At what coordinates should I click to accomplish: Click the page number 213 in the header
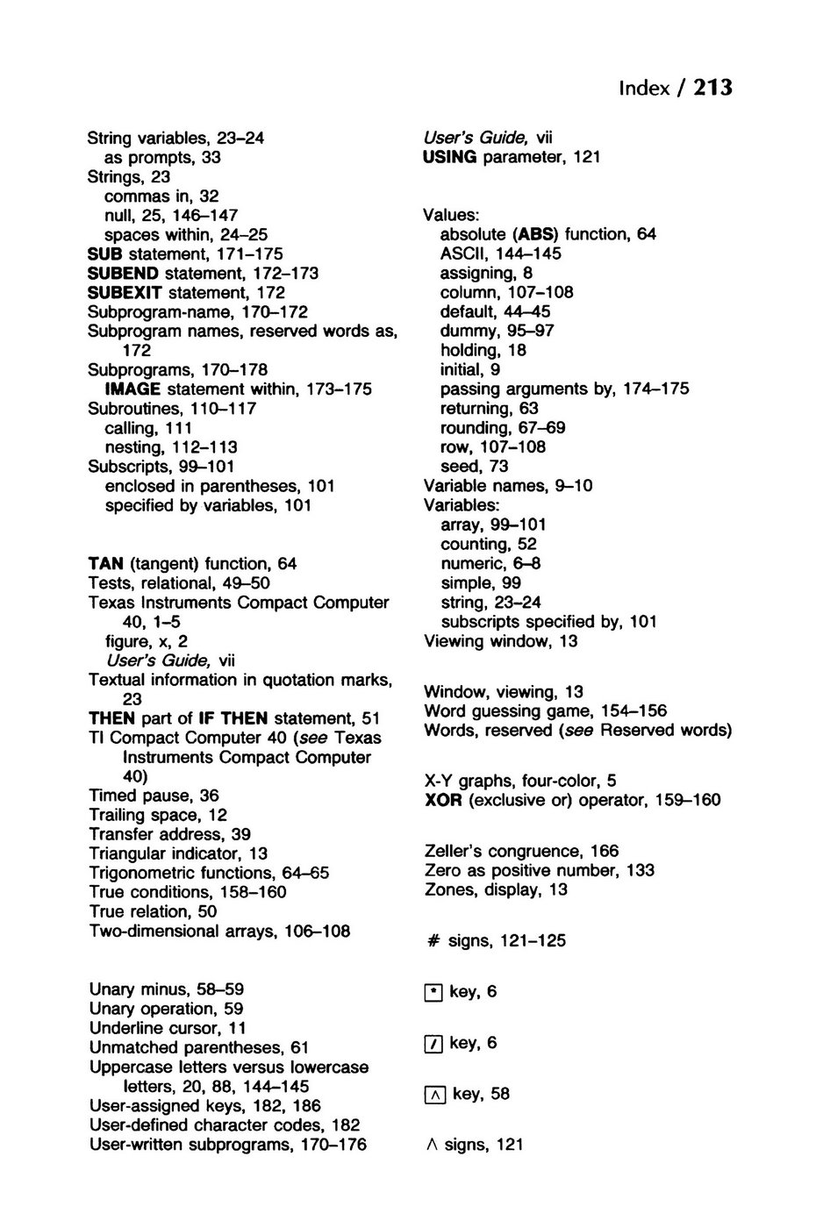pos(712,88)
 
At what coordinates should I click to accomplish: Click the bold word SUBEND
pos(124,273)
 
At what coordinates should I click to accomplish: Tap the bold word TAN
pos(106,564)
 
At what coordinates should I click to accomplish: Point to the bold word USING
pos(449,157)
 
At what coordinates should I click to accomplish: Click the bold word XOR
pos(442,800)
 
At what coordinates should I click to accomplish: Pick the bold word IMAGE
pos(132,389)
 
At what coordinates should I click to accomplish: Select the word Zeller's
pos(453,851)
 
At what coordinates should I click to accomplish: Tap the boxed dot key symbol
pos(433,993)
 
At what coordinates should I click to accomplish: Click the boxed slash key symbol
pos(433,1044)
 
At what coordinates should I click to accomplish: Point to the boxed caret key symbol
pos(434,1095)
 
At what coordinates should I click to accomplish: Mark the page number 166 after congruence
pos(605,851)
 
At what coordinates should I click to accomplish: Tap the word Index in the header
pos(644,89)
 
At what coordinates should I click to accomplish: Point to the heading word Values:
pos(450,215)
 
